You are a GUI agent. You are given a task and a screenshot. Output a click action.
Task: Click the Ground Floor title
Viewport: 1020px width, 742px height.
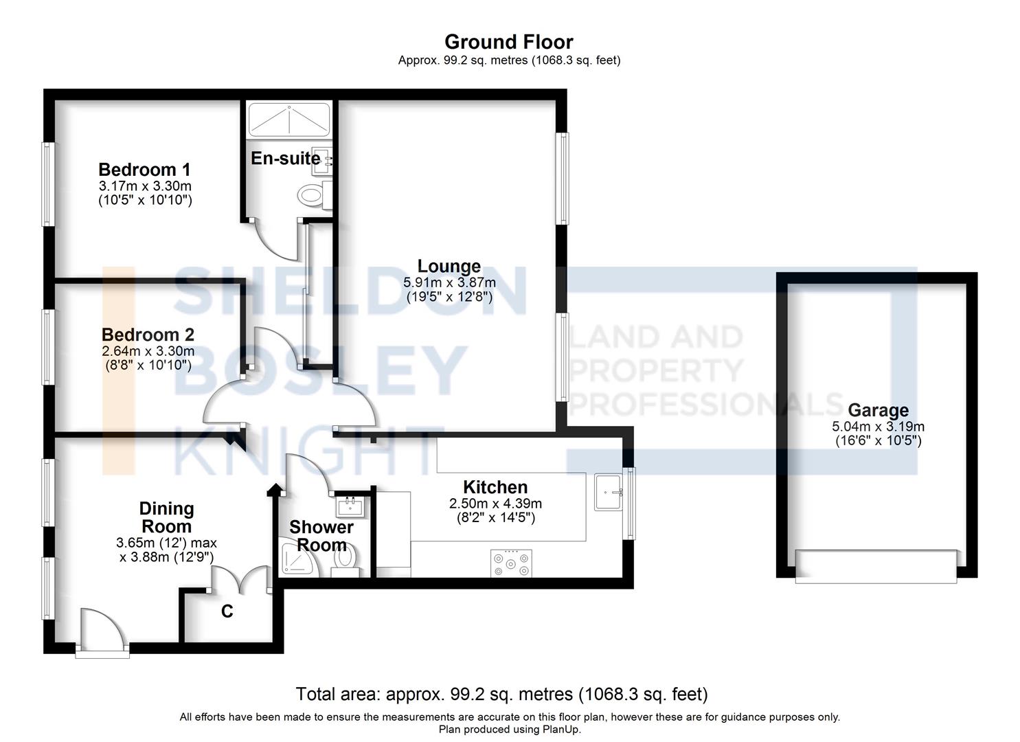click(508, 42)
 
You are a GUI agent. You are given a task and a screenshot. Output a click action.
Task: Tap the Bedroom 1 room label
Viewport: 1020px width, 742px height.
click(144, 170)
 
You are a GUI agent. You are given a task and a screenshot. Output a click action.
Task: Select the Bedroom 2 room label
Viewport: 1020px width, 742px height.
click(148, 335)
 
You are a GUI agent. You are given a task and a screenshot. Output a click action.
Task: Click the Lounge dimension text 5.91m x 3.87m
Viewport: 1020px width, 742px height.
click(449, 282)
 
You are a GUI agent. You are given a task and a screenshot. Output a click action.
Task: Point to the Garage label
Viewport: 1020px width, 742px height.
click(878, 410)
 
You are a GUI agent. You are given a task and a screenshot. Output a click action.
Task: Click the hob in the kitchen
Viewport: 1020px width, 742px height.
click(510, 563)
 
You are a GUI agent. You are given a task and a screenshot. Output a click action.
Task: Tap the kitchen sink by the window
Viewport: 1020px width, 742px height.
click(609, 492)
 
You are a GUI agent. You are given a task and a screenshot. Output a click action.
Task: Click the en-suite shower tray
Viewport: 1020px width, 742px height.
click(289, 119)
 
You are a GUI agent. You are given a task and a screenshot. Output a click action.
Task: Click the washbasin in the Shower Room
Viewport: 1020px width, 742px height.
click(351, 508)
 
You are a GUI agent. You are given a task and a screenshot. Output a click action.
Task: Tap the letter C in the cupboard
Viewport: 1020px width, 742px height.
click(227, 611)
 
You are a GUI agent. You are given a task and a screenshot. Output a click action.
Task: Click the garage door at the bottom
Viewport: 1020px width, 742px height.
click(876, 566)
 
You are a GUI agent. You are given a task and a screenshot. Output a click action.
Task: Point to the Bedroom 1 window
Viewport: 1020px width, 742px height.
click(47, 183)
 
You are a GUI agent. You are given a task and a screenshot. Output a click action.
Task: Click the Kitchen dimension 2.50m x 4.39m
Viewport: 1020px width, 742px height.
click(495, 504)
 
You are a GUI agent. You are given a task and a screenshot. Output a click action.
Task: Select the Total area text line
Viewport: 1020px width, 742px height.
click(501, 694)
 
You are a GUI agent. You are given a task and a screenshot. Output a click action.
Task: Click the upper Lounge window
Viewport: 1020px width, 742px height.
click(563, 178)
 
